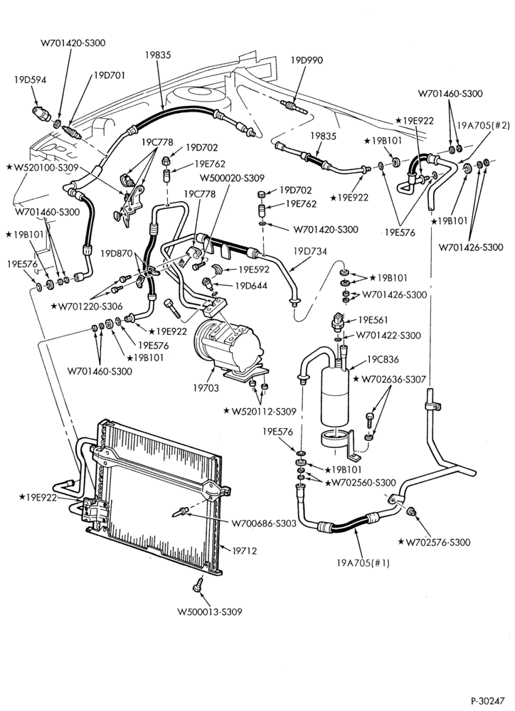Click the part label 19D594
[x=30, y=80]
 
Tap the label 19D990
[x=307, y=60]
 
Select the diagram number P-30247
[x=488, y=700]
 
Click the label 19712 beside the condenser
[x=245, y=551]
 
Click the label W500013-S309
[x=210, y=611]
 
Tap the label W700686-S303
[x=264, y=523]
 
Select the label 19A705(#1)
[x=363, y=563]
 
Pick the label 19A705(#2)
[x=484, y=126]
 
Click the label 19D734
[x=310, y=251]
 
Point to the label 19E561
[x=373, y=320]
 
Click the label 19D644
[x=251, y=286]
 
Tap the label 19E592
[x=254, y=269]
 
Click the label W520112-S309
[x=260, y=411]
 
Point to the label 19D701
[x=110, y=75]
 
